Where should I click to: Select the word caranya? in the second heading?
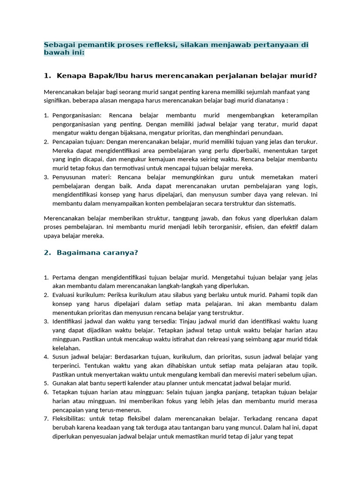pyautogui.click(x=121, y=253)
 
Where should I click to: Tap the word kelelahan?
pyautogui.click(x=66, y=348)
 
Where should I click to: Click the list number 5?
pyautogui.click(x=45, y=384)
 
